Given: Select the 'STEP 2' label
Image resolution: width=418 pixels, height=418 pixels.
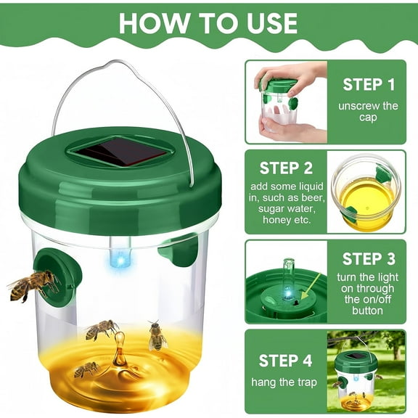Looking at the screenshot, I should (x=287, y=168).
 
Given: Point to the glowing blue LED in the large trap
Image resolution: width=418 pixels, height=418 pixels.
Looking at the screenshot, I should (x=118, y=259).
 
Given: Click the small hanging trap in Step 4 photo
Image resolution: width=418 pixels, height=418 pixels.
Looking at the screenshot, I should (x=356, y=377).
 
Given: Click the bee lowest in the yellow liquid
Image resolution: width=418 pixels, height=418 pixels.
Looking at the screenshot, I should (x=86, y=370).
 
